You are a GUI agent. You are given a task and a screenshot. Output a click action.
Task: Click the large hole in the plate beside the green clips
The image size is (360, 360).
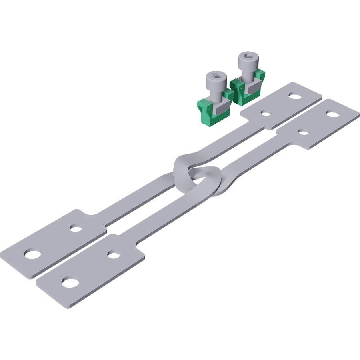[295, 96]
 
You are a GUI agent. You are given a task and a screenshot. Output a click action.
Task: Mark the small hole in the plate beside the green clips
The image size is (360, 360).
[265, 113]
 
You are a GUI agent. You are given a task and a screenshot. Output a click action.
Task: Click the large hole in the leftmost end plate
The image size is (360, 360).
[31, 254]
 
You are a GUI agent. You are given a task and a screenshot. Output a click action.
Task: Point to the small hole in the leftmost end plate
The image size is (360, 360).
[75, 229]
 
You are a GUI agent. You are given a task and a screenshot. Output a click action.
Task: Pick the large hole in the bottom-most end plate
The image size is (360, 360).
[70, 283]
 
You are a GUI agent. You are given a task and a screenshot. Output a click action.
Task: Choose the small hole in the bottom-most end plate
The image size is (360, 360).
[114, 255]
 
